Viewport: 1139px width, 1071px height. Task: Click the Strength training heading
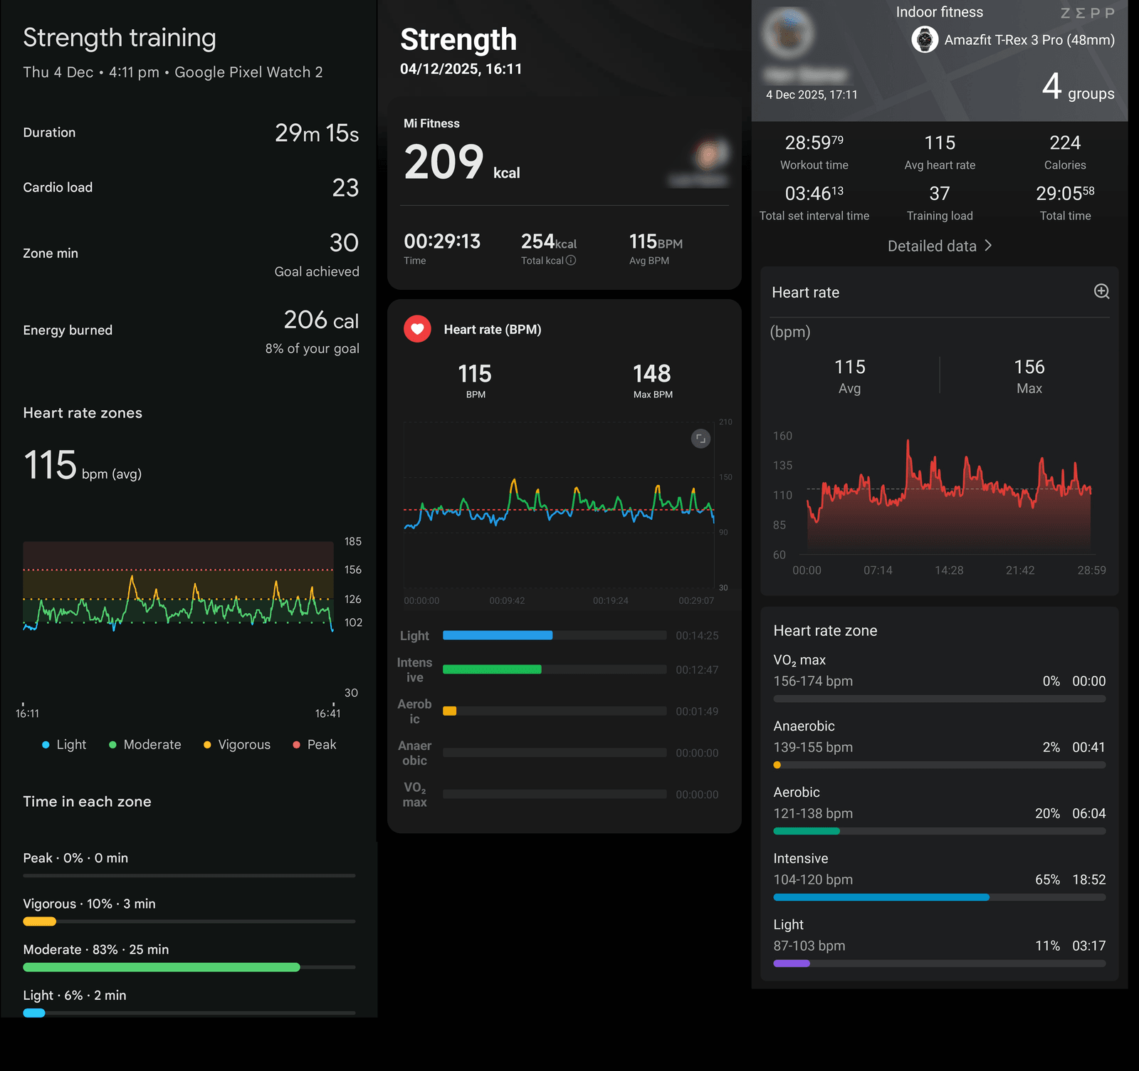[119, 38]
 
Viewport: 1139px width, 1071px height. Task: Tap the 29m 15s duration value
[317, 133]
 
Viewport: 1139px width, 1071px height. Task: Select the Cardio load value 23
[345, 188]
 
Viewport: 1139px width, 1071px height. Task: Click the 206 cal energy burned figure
[321, 320]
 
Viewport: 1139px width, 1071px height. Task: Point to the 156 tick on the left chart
[352, 570]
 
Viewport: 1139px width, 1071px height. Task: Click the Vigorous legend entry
[237, 745]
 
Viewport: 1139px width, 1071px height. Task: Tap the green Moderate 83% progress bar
[162, 967]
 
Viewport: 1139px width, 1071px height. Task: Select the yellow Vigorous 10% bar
[39, 921]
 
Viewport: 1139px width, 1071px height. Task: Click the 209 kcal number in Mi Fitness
[444, 162]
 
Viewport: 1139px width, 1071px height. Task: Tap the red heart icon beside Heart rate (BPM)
[418, 329]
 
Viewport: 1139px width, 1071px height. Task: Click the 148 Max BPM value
[652, 374]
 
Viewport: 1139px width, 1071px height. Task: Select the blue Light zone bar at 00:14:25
[498, 635]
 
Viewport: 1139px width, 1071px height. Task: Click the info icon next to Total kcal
[571, 261]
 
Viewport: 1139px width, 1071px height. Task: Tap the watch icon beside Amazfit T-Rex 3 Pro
[925, 40]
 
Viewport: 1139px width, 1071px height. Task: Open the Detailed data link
[939, 246]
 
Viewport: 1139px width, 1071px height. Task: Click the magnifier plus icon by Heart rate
[1101, 291]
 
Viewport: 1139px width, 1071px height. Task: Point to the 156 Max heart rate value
[1029, 367]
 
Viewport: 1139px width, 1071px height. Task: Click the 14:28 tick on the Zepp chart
[949, 570]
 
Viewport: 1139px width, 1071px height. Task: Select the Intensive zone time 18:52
[1088, 880]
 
